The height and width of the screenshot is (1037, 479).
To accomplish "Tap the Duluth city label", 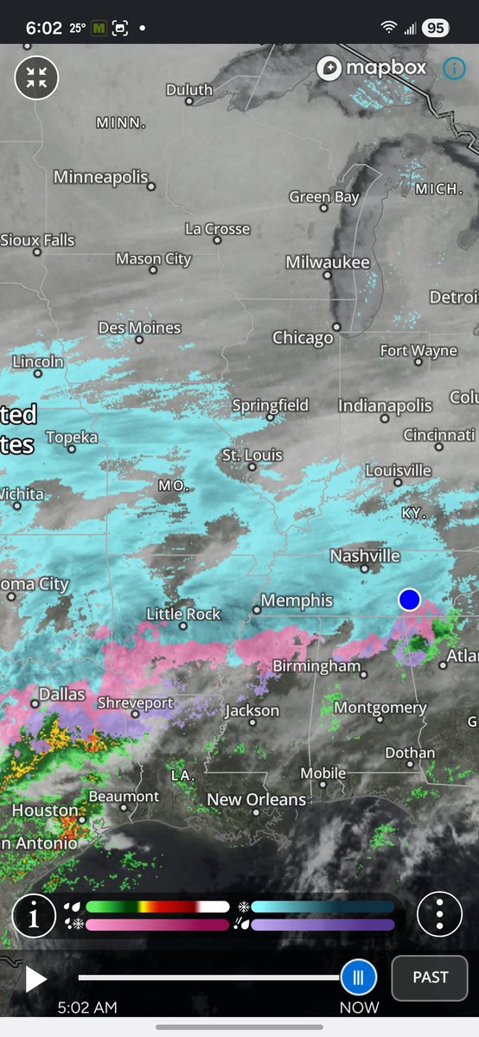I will click(188, 90).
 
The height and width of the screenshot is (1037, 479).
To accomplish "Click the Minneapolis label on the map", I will click(101, 177).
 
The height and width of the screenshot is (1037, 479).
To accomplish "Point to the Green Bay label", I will click(324, 197).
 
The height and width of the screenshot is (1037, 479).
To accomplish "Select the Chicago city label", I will click(303, 338).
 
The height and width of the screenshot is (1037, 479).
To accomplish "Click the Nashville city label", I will click(364, 556).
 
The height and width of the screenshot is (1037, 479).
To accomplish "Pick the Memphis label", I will click(297, 601).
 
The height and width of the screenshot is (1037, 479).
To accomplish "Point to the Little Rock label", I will click(183, 614).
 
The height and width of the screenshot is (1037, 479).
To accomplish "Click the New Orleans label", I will click(257, 800).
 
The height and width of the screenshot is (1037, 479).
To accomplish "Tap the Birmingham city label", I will click(316, 666).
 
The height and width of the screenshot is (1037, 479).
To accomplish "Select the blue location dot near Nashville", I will click(409, 599).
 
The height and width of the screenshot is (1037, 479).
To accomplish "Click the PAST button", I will click(430, 977).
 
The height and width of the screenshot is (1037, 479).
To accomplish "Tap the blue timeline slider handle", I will click(358, 977).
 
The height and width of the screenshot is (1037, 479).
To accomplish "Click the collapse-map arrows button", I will click(36, 77).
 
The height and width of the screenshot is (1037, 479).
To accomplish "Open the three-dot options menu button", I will click(439, 913).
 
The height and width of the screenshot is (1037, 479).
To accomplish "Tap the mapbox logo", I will click(373, 68).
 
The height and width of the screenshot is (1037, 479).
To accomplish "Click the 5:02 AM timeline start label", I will click(86, 1008).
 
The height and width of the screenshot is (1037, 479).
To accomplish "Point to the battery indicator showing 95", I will click(435, 28).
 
